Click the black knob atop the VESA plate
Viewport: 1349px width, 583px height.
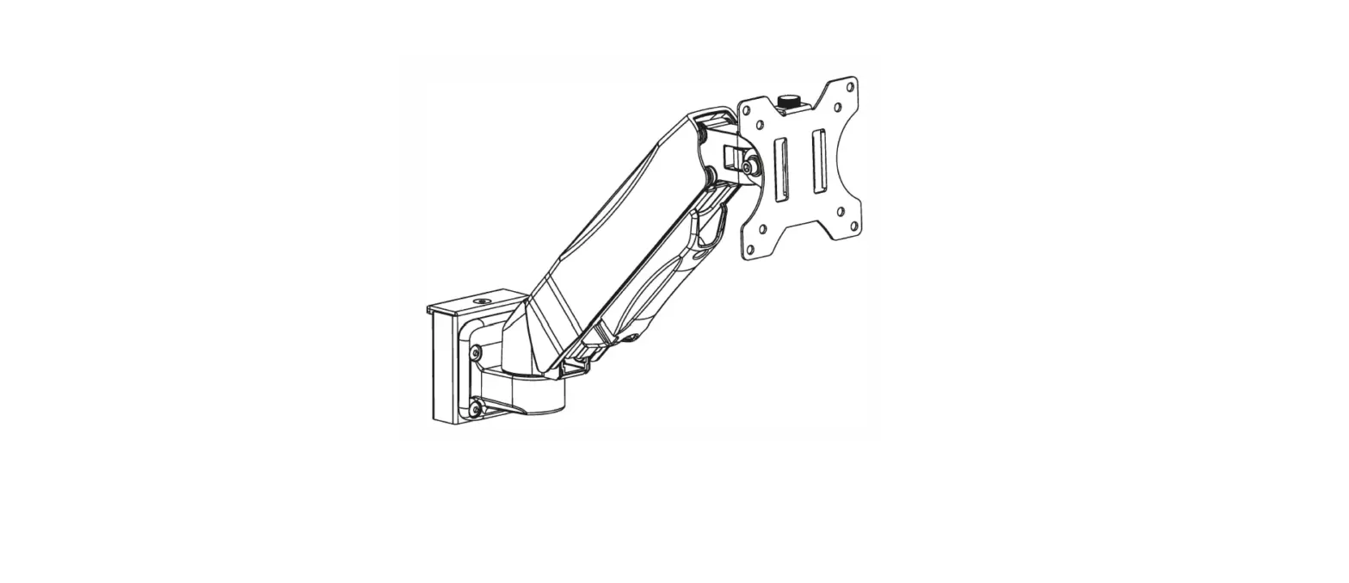coord(787,102)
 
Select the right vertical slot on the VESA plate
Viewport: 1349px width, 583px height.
coord(819,162)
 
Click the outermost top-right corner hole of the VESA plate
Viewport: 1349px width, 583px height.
coord(851,87)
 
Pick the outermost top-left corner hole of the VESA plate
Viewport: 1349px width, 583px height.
coord(747,111)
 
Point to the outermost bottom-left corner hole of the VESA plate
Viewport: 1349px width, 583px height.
coord(749,250)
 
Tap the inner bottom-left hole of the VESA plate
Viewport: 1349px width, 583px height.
coord(762,229)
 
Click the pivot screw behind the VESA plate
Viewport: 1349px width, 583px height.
coord(752,166)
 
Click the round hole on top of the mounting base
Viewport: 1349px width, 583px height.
coord(481,302)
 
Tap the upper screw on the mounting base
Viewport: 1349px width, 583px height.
coord(476,351)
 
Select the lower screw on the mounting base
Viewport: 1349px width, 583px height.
coord(474,408)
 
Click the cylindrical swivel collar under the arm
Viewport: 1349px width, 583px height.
coord(538,392)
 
